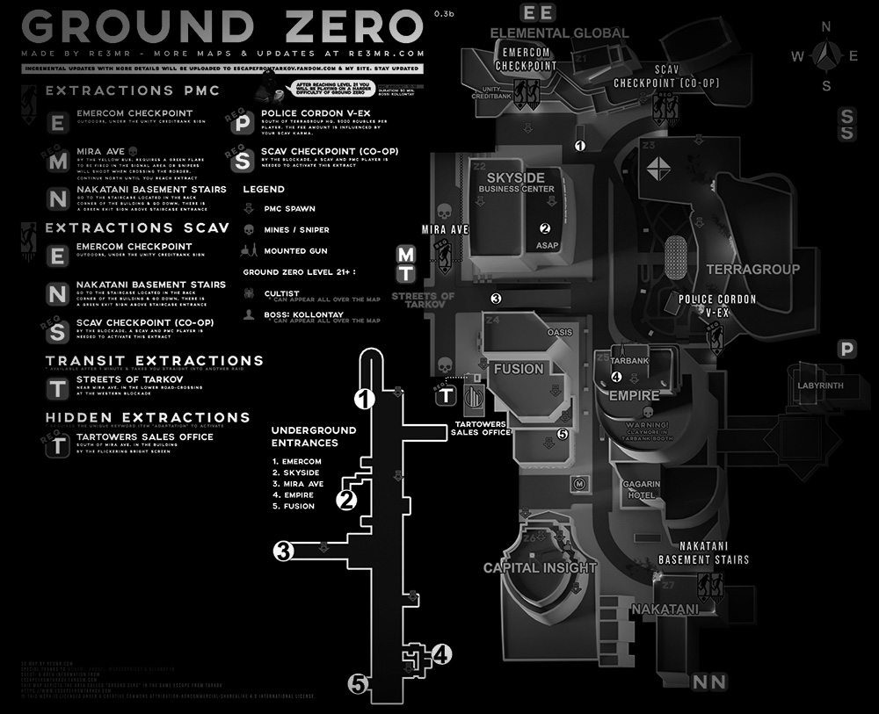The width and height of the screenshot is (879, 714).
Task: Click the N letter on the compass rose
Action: point(826,27)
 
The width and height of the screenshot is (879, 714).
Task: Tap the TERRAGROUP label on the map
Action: point(753,269)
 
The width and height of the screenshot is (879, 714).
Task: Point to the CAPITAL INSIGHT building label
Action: point(540,567)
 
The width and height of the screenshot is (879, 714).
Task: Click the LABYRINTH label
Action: point(819,386)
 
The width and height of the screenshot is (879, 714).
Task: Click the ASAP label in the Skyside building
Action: point(547,247)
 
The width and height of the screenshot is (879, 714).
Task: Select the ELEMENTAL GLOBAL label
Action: point(559,33)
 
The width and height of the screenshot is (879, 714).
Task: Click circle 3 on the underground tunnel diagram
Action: point(282,552)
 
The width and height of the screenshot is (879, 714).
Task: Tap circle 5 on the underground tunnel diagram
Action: point(357,683)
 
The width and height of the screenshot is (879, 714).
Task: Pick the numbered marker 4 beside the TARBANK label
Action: point(616,377)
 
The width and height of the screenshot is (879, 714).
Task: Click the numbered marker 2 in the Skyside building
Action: point(544,227)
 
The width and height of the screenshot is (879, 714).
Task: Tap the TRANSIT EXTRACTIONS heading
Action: point(155,361)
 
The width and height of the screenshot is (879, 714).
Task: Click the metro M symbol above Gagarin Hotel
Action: point(580,481)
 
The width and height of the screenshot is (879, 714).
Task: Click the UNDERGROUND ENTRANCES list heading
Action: point(314,436)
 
